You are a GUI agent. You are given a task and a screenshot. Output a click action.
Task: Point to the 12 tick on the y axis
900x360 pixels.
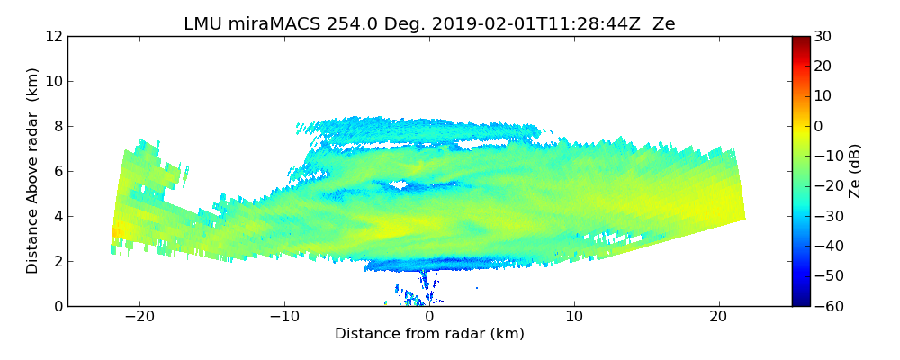[x=54, y=36]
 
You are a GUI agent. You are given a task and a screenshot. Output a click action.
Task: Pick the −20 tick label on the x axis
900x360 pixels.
[x=139, y=317]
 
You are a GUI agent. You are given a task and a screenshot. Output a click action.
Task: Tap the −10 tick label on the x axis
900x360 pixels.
[x=284, y=317]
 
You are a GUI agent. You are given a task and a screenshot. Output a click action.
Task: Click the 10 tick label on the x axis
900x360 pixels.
[x=574, y=317]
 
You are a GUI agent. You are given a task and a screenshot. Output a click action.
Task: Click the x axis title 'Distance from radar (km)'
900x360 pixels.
[x=429, y=334]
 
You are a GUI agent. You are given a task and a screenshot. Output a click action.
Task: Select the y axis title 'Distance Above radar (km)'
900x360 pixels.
[x=32, y=170]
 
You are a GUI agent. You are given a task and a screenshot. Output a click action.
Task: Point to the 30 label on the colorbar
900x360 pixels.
[x=823, y=36]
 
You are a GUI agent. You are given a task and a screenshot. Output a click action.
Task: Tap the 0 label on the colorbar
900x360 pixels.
[x=819, y=126]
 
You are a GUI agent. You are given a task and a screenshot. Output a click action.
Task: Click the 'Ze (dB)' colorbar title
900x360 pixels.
[x=855, y=170]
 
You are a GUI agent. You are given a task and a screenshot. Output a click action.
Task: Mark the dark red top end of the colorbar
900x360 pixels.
[x=800, y=40]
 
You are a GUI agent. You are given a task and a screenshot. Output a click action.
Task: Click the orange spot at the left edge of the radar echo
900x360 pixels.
[x=114, y=236]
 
